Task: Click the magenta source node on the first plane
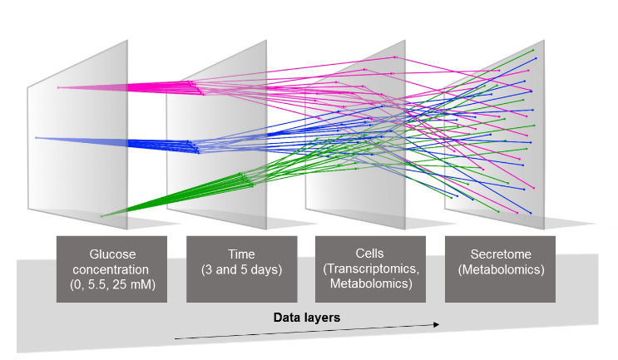[x=58, y=87]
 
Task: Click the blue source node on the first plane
[x=37, y=137]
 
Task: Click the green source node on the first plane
[x=101, y=216]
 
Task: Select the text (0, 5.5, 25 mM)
[x=111, y=284]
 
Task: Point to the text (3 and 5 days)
[x=241, y=270]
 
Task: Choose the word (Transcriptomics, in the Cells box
[x=371, y=270]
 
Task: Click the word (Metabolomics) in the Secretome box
[x=501, y=270]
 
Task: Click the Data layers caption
[x=307, y=318]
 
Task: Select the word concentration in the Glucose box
[x=111, y=270]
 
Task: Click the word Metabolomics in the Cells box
[x=371, y=284]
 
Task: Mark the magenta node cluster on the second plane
[x=193, y=86]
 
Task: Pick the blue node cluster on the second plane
[x=193, y=146]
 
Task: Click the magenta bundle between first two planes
[x=125, y=86]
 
